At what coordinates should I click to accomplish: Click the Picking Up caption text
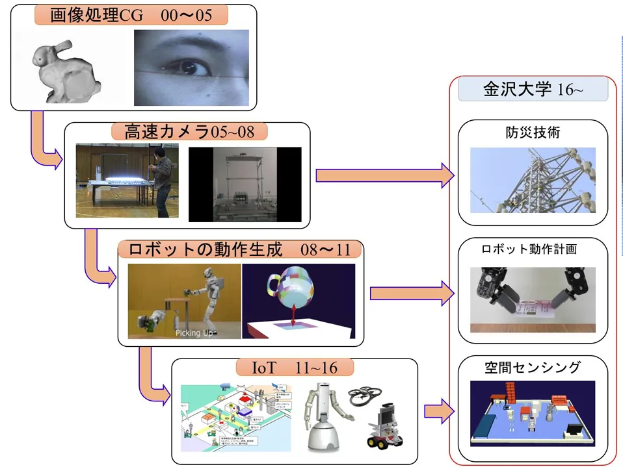pos(196,333)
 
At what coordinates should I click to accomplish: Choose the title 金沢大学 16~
pos(533,90)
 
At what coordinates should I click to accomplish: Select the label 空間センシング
pos(533,368)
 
